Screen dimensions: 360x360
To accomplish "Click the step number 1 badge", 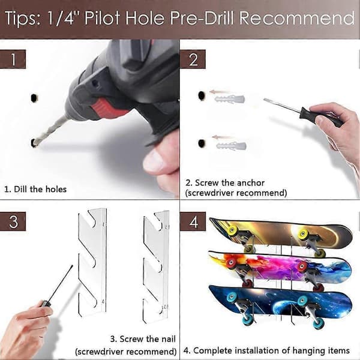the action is tap(13, 59).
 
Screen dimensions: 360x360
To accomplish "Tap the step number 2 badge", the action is tap(193, 59).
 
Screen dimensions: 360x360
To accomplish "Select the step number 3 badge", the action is tap(13, 221).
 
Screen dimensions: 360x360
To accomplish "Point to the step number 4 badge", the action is tap(193, 221).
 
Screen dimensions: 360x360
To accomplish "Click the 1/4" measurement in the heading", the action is tap(61, 18).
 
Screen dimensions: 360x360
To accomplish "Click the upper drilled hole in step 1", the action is tap(34, 98).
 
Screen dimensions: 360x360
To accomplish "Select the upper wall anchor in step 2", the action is tap(230, 99).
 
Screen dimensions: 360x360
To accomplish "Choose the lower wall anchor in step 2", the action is tap(231, 146).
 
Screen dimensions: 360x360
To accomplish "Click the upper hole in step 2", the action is tap(202, 95).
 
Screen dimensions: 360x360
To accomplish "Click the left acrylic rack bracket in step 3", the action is tap(92, 262).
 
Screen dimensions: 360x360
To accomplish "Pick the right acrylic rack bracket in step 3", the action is tap(156, 266).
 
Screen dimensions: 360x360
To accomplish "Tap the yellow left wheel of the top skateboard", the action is tap(232, 230).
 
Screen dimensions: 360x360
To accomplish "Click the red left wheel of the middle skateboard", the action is tap(230, 263).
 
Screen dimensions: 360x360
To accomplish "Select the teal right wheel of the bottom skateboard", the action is tap(302, 301).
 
